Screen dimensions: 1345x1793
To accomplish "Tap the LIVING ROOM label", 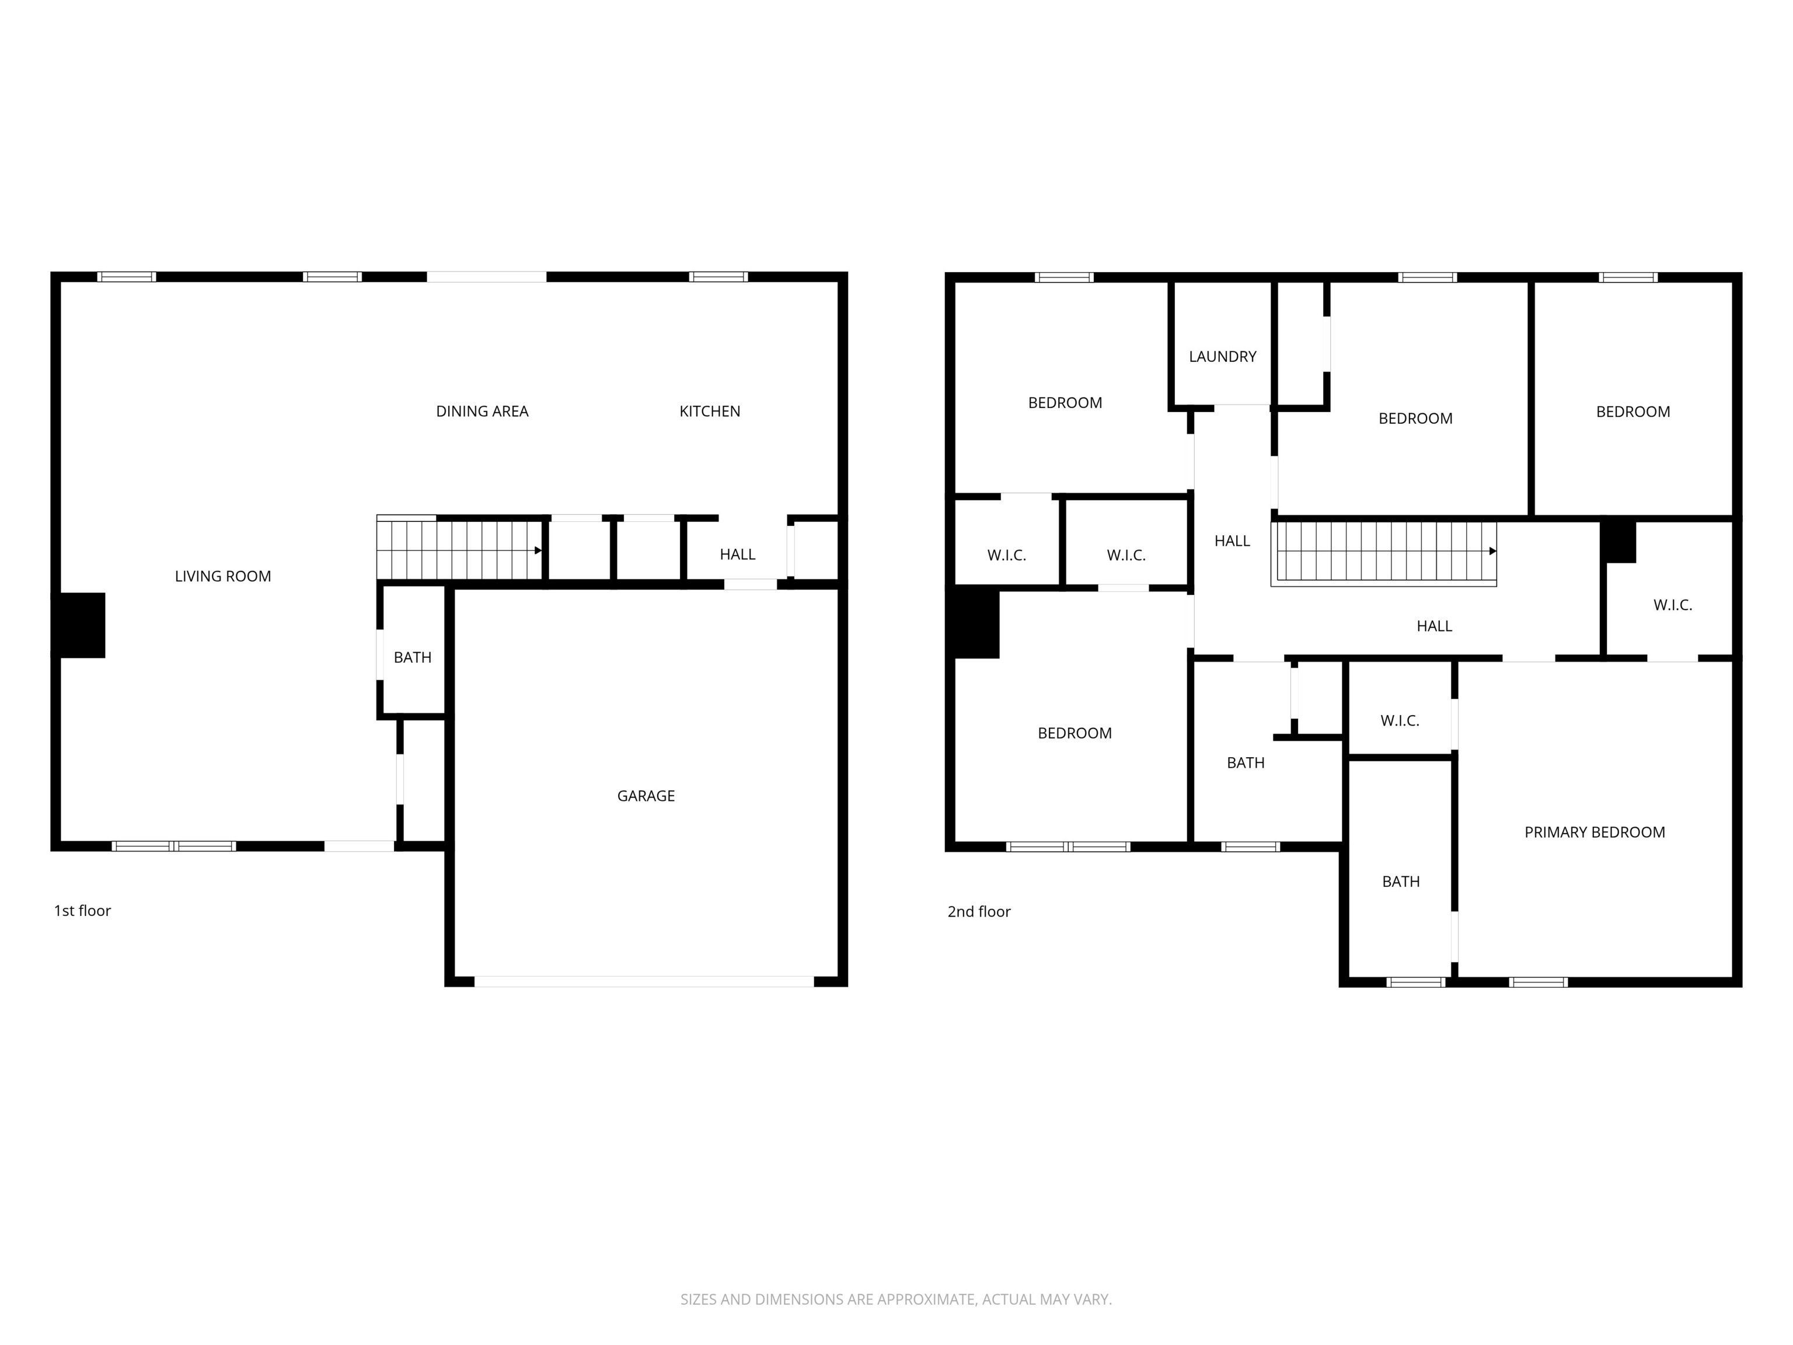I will [223, 576].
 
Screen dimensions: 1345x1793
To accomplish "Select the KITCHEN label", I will [709, 411].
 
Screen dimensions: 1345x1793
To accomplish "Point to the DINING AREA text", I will [482, 411].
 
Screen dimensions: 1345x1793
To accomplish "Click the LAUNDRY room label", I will [1222, 357].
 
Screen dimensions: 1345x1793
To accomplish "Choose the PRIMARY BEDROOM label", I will [1595, 832].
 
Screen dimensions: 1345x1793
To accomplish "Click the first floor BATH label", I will [413, 657].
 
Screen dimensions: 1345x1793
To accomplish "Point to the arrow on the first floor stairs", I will [538, 550].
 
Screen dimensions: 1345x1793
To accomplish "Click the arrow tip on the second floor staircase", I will [1492, 551].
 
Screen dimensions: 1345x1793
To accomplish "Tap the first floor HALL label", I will [737, 555].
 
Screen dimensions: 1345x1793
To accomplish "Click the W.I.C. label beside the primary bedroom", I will [1400, 721].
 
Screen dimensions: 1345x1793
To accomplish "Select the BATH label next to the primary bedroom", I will [1401, 881].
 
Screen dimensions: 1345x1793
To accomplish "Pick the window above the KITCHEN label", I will [718, 277].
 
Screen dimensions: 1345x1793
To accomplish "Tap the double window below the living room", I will [175, 846].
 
